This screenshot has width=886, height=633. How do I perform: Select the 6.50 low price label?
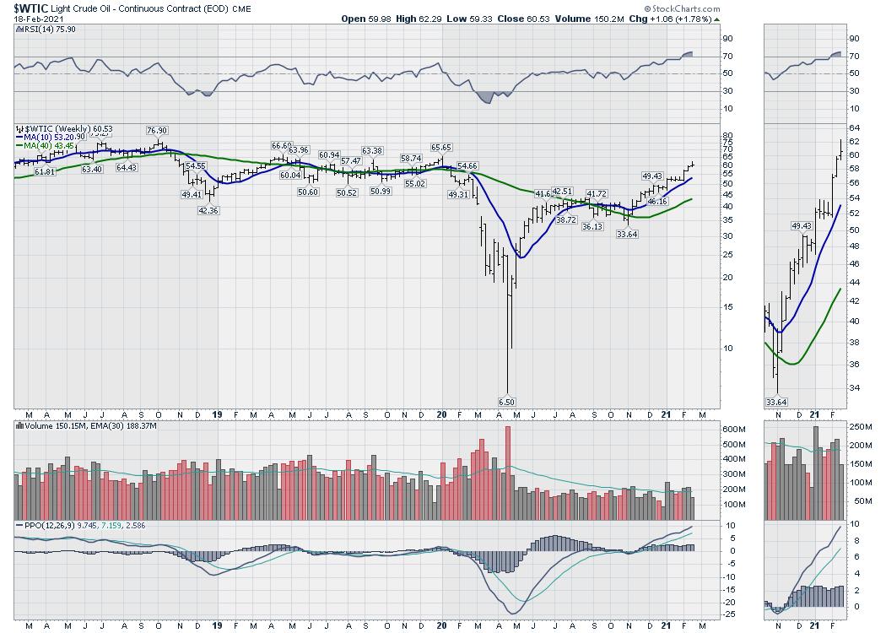(x=506, y=402)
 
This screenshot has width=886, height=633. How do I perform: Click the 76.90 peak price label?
(x=157, y=131)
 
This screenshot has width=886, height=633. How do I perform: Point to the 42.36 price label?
(x=208, y=211)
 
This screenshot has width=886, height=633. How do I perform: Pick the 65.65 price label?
(x=441, y=148)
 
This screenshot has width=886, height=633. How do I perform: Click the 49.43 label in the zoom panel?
(x=801, y=226)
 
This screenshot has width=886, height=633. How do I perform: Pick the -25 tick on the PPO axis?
(x=708, y=614)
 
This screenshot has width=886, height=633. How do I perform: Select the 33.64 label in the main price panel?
(x=627, y=235)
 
